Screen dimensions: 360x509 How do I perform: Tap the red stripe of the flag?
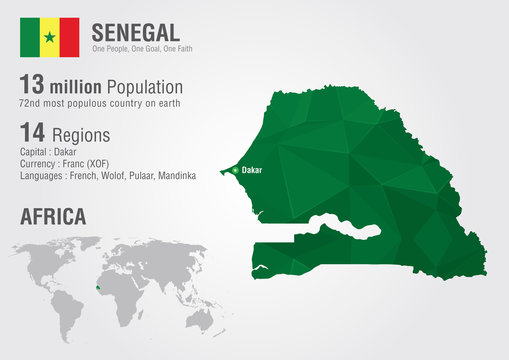tap(69, 37)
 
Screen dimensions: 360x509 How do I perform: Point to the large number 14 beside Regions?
tap(34, 134)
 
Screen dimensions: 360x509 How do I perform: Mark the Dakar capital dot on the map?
tap(235, 170)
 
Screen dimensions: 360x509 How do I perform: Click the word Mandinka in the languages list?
tap(175, 176)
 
